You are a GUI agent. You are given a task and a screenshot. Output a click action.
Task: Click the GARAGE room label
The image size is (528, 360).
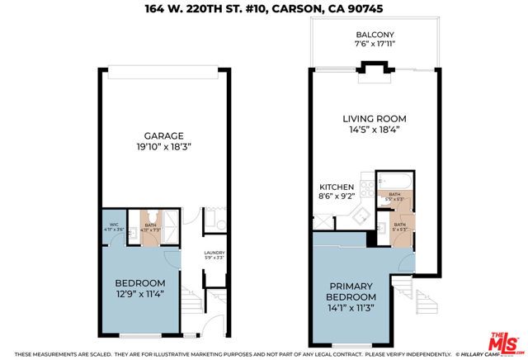(x=163, y=135)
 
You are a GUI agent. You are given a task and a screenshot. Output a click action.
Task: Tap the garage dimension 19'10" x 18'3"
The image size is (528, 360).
(x=163, y=148)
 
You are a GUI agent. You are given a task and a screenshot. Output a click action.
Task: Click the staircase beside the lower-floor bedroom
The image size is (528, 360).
(x=192, y=298)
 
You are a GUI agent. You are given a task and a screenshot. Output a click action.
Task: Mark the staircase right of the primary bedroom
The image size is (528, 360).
(x=426, y=305)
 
